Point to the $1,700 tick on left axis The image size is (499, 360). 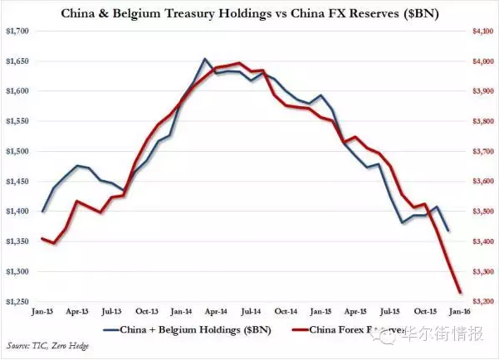point(17,31)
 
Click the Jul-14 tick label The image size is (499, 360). point(252,312)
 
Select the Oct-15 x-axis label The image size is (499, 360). point(426,312)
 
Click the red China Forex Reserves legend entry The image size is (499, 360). point(332,331)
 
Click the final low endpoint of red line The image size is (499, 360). point(461,292)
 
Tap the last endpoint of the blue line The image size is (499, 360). point(449,231)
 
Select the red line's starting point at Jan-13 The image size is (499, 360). point(42,239)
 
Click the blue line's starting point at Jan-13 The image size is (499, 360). point(42,212)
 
